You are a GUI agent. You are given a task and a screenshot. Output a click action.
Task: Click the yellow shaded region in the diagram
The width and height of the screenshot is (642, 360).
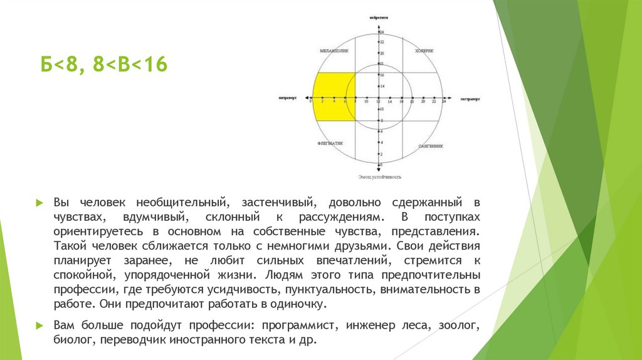click(332, 97)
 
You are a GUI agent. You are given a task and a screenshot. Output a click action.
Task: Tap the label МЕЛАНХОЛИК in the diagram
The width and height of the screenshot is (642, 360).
click(332, 51)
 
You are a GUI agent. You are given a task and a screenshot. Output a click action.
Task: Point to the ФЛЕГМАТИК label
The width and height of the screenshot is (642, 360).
click(331, 142)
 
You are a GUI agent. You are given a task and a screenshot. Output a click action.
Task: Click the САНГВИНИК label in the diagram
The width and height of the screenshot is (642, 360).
click(431, 146)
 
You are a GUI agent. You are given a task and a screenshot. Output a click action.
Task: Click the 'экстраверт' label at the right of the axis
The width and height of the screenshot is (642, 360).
click(470, 98)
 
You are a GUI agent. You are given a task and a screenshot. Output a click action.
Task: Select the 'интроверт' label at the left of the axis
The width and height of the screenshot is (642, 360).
click(288, 98)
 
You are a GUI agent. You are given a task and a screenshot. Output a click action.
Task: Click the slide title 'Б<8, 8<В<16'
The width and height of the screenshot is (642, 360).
click(104, 65)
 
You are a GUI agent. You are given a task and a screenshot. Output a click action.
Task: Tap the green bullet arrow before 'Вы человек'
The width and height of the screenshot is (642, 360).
click(39, 203)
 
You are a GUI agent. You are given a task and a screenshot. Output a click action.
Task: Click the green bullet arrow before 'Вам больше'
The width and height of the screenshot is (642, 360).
click(39, 326)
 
